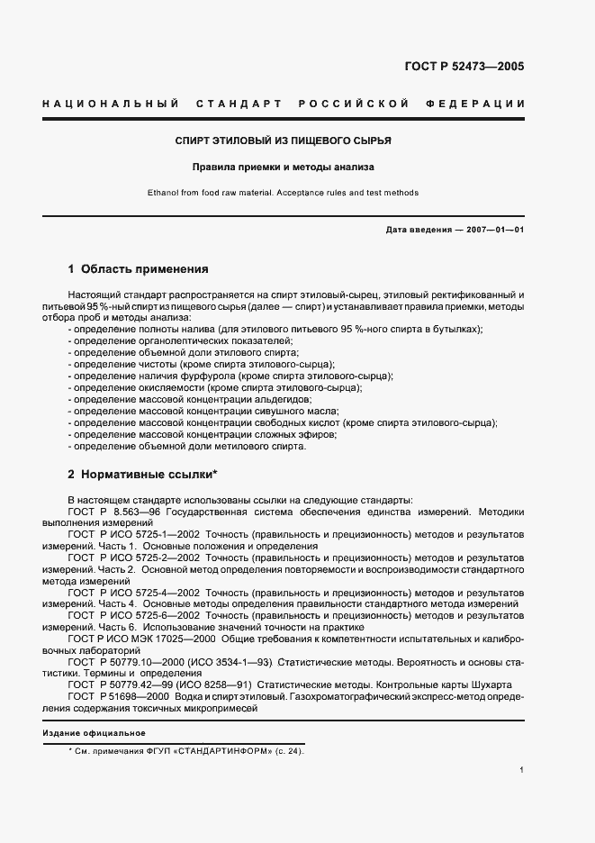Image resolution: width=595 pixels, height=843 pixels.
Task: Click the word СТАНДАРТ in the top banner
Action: (235, 104)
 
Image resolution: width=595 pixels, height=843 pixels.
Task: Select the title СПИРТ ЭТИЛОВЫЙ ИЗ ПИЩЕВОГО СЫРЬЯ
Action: (283, 141)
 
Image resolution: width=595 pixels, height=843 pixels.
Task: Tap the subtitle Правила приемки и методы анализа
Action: (283, 167)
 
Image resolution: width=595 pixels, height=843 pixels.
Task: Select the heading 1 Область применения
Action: (139, 268)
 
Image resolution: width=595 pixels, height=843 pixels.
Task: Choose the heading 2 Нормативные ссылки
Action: (143, 473)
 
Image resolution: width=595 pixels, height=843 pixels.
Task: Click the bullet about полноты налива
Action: (275, 330)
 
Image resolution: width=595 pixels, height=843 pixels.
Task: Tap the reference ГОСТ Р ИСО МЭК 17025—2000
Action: (141, 638)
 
